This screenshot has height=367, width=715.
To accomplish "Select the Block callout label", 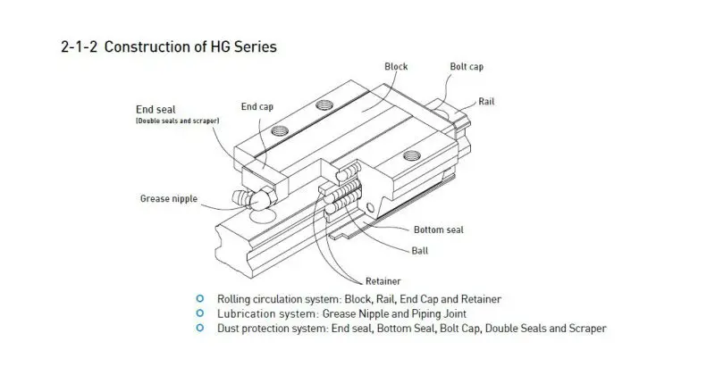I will (396, 67).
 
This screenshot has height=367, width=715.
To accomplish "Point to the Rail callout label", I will (487, 101).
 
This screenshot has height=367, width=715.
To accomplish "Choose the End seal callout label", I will (156, 110).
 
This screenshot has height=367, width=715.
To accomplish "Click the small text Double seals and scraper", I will (177, 121).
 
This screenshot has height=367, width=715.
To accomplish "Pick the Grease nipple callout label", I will (169, 198).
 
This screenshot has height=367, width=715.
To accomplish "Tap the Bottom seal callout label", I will (439, 229).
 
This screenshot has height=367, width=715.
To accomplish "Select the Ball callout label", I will (420, 251).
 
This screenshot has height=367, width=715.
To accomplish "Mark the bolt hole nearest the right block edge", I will (412, 156).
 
